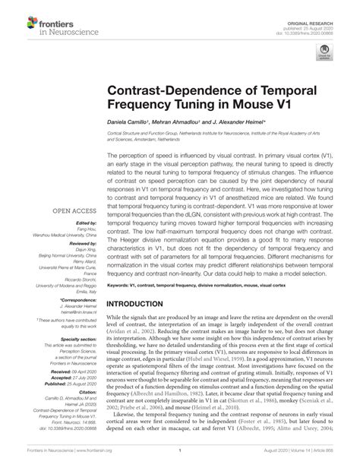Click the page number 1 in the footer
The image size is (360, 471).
pos(178,456)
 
